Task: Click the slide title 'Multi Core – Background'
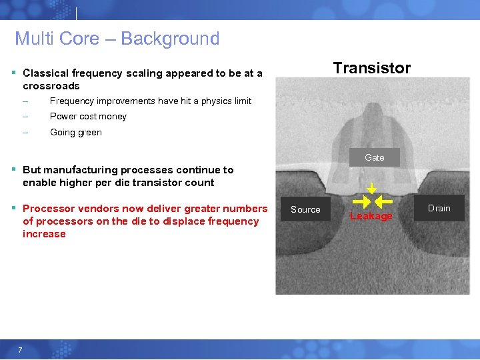coord(117,39)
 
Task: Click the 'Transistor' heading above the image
coord(372,68)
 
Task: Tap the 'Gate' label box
coord(375,157)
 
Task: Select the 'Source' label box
coord(305,209)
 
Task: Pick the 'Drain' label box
coord(439,208)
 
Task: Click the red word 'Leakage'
coord(371,216)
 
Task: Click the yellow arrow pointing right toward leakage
coord(361,201)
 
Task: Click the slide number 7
coord(21,351)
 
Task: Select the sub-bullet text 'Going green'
coord(76,132)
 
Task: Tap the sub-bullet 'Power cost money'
coord(88,116)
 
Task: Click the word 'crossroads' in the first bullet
coord(51,86)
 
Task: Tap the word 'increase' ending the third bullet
coord(44,234)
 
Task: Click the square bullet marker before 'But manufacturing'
coord(15,170)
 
